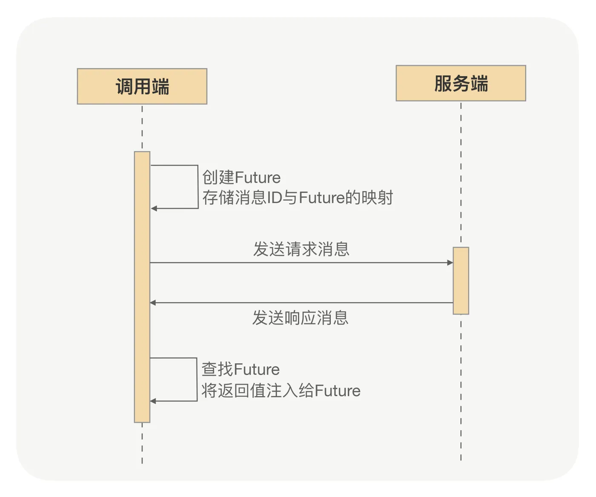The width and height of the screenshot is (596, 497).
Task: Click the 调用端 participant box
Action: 142,86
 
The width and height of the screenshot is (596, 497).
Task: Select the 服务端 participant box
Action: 461,83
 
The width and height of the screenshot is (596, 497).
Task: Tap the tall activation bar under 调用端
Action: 142,287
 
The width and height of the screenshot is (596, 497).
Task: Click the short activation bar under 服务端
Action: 461,281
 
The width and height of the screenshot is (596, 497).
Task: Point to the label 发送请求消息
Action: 301,249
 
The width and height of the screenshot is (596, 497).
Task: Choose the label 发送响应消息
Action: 300,318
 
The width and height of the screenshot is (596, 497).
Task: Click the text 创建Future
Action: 241,177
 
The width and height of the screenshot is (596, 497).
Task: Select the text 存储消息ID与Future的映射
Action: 298,197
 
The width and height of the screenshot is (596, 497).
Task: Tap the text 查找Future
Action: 241,369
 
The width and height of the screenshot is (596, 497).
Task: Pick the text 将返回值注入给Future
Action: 281,390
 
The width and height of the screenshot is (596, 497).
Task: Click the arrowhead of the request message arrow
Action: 450,262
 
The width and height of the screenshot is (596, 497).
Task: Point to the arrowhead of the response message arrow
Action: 153,303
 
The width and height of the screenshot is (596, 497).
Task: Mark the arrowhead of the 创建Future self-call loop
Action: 154,208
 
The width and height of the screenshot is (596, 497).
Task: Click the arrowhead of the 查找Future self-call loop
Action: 153,401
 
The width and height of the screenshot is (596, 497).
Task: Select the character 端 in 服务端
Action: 479,83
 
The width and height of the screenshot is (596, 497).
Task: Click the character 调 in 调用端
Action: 124,86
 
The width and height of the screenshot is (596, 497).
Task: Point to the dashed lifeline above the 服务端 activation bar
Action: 461,173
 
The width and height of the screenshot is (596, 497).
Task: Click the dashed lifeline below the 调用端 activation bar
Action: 142,444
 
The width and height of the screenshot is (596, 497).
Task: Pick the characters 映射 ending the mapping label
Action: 377,197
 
